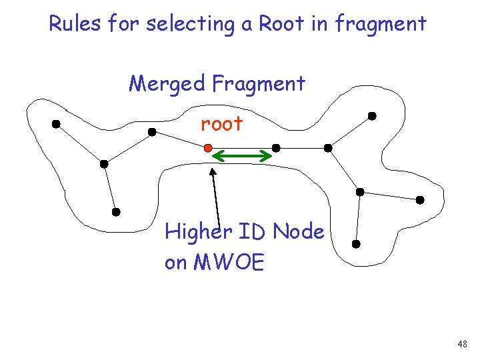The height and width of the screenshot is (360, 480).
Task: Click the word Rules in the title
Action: click(74, 24)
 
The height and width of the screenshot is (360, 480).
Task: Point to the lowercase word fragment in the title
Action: click(381, 24)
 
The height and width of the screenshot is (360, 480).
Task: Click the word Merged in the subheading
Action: click(167, 84)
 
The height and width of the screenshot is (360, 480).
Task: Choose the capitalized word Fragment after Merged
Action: click(259, 84)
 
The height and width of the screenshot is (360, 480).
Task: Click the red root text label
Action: click(222, 124)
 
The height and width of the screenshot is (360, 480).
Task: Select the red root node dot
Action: click(208, 147)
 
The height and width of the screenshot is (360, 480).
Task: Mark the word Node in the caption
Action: click(298, 232)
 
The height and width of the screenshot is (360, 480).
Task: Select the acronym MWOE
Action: click(229, 263)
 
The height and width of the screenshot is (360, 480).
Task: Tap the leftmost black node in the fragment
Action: click(56, 123)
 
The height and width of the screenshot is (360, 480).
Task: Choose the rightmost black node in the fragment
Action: click(420, 199)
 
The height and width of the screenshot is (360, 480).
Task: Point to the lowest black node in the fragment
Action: click(356, 245)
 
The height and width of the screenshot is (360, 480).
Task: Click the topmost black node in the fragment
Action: click(372, 116)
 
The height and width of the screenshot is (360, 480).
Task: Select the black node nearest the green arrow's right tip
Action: click(276, 147)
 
